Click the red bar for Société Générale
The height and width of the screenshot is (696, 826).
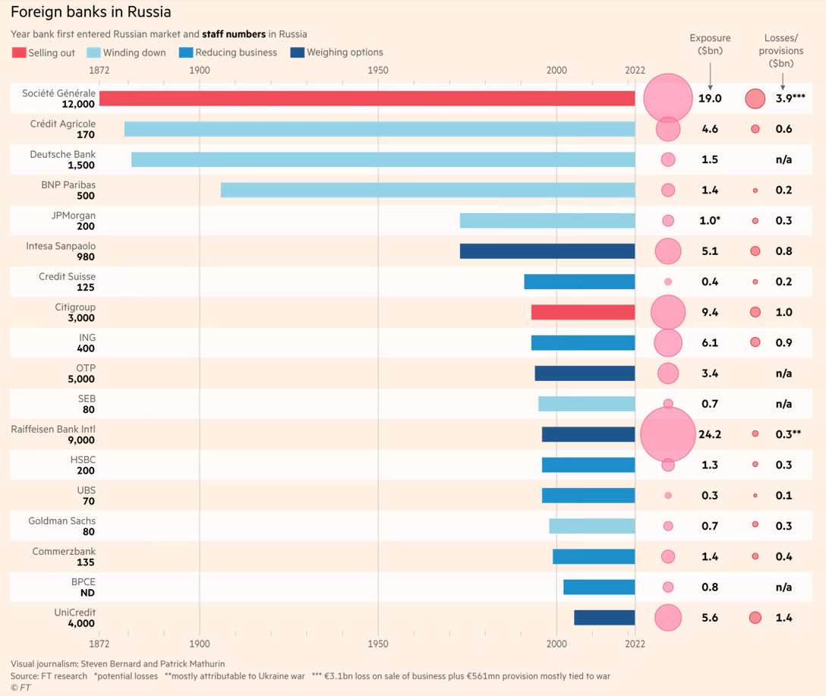(x=367, y=99)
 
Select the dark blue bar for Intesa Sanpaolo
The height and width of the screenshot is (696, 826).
(x=547, y=251)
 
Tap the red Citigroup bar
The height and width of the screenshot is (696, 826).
(x=582, y=312)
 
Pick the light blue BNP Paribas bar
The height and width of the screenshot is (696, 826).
(x=427, y=190)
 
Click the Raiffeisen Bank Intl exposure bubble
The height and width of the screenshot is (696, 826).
(x=668, y=434)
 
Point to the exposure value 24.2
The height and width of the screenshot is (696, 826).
(x=710, y=435)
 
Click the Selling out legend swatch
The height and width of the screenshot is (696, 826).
(x=19, y=52)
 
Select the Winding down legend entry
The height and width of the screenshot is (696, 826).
(x=134, y=52)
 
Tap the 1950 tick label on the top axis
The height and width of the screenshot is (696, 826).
(x=377, y=70)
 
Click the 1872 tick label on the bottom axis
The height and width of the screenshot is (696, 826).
(x=99, y=644)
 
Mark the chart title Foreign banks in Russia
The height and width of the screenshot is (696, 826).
(x=90, y=12)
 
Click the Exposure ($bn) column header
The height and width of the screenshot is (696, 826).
(x=710, y=44)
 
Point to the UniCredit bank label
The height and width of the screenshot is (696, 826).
(x=74, y=613)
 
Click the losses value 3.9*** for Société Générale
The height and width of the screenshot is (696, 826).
(x=790, y=99)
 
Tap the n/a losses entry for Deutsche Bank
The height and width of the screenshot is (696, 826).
(x=783, y=159)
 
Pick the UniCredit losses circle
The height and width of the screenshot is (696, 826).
(x=755, y=618)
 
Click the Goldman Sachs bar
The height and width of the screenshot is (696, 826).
(x=591, y=526)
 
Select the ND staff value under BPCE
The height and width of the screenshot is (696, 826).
(x=87, y=593)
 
